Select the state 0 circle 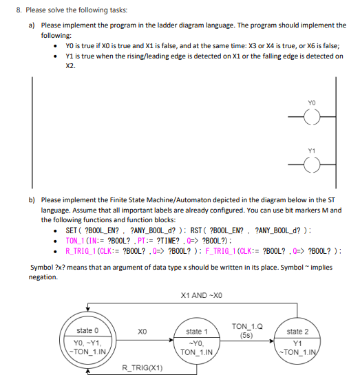tap(88, 339)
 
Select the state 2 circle tap(304, 339)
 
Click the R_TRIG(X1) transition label tap(142, 369)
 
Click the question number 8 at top tap(10, 10)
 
